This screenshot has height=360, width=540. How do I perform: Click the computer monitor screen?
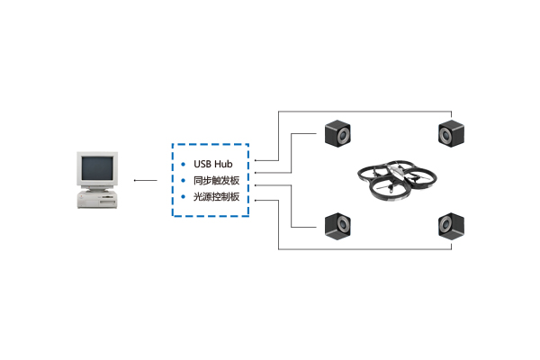[x=96, y=168]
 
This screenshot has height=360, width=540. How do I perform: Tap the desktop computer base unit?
[x=97, y=197]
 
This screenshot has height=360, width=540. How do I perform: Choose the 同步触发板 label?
[x=216, y=181]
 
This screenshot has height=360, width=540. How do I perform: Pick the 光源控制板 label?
[x=216, y=196]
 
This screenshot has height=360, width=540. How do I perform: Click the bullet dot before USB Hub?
[x=184, y=166]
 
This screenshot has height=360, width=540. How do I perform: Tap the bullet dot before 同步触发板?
[x=184, y=181]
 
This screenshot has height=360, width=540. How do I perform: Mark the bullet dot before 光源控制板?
[x=184, y=196]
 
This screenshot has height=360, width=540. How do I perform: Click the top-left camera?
[x=339, y=135]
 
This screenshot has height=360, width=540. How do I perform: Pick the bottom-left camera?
[x=339, y=224]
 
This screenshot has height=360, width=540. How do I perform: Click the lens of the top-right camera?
[x=446, y=137]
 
